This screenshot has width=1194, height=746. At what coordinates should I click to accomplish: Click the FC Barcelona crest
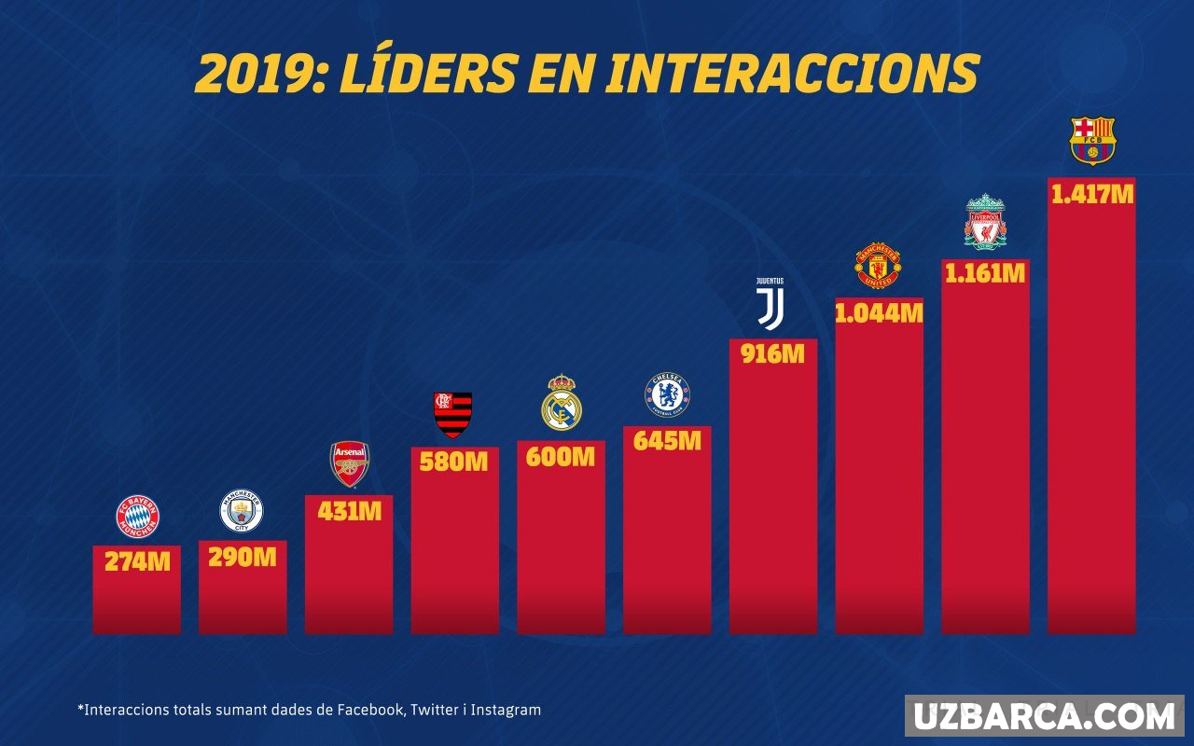[1092, 140]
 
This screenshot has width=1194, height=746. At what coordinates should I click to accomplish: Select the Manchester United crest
[878, 266]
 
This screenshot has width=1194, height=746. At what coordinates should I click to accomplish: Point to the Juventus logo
[771, 303]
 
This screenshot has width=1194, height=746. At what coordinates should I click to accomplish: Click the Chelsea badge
[667, 394]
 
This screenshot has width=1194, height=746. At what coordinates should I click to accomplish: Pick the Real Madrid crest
[562, 403]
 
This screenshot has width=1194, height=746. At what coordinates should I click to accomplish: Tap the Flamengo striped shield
[453, 414]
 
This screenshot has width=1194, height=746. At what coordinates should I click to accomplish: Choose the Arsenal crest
[350, 463]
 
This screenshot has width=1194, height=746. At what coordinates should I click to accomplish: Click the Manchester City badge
[242, 511]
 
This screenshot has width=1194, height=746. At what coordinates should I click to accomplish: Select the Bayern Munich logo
[137, 517]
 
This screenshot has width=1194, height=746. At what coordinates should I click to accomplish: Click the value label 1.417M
[1092, 195]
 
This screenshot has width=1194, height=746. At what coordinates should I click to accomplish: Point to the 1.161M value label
[985, 274]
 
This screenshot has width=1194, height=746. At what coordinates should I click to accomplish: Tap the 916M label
[772, 354]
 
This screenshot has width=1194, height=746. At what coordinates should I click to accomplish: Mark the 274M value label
[137, 562]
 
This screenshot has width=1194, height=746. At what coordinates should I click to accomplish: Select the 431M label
[350, 512]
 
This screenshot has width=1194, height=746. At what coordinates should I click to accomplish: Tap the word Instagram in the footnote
[506, 710]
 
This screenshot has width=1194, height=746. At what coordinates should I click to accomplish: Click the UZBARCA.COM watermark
[1043, 716]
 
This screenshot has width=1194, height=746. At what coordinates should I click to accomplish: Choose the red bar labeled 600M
[562, 550]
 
